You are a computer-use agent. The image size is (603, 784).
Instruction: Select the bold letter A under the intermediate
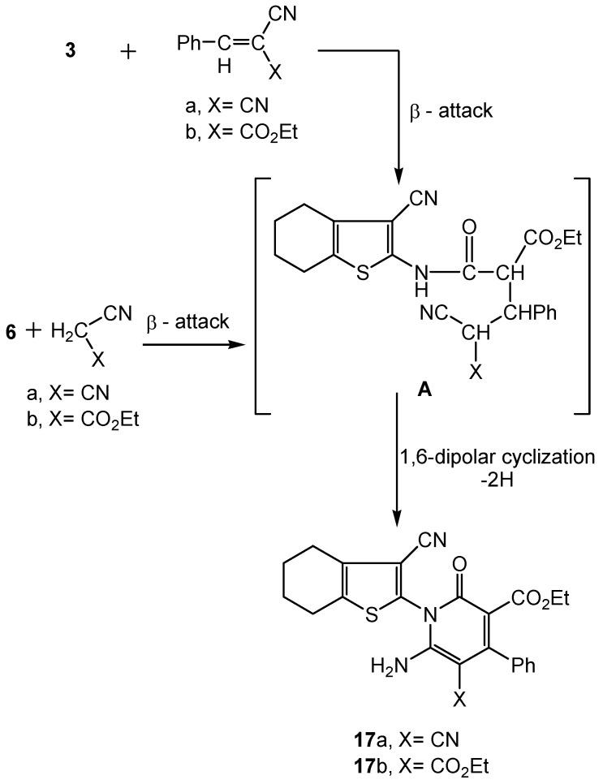[x=400, y=389]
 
